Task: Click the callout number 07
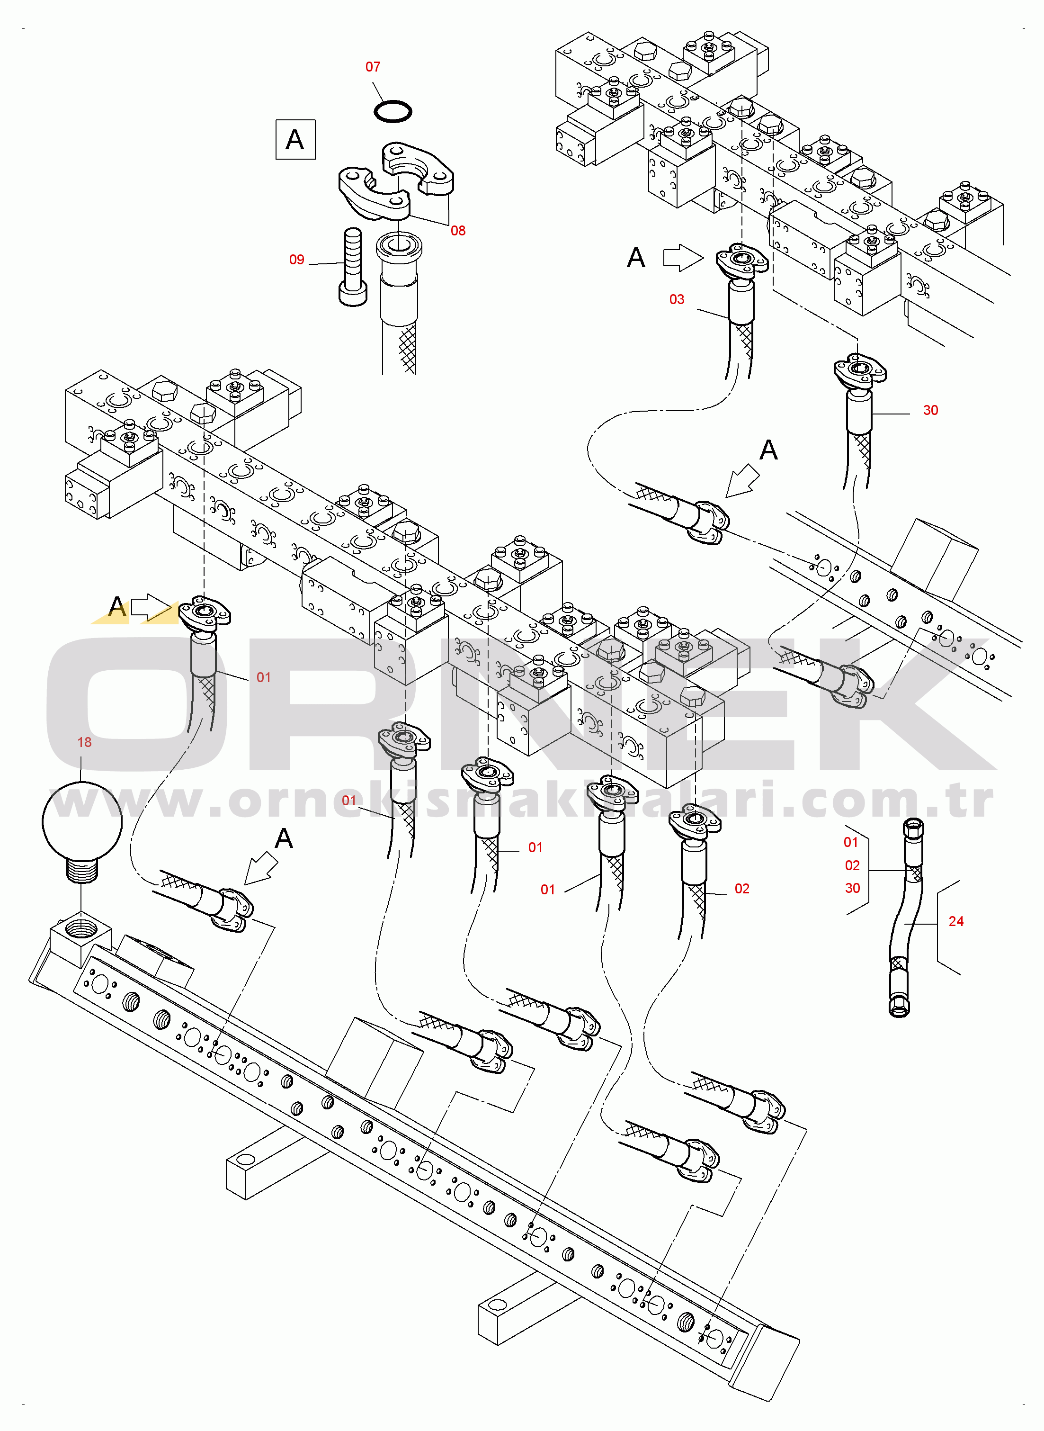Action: (373, 67)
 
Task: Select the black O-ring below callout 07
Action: (393, 112)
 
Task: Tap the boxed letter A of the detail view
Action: (295, 140)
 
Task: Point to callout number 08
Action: (458, 231)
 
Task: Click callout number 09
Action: (296, 260)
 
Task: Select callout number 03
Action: (677, 299)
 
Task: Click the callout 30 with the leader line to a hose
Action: (930, 410)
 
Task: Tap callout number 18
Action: (85, 743)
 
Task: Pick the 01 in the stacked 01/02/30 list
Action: (851, 843)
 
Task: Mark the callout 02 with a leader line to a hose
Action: (742, 889)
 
